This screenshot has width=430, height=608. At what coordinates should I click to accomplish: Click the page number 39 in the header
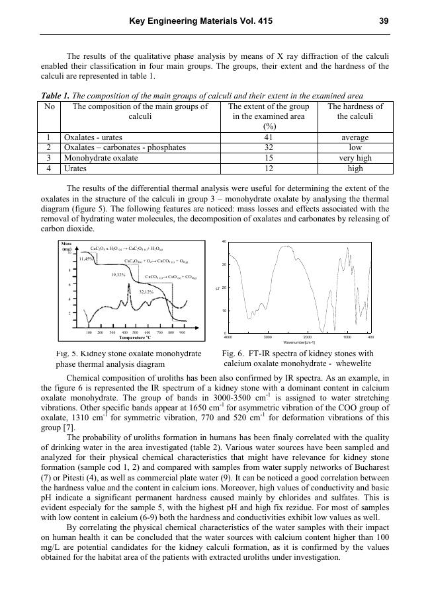384,21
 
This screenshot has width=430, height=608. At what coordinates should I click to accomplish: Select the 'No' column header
50,106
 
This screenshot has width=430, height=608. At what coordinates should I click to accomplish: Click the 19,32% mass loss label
118,274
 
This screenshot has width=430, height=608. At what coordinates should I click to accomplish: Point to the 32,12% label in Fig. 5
146,291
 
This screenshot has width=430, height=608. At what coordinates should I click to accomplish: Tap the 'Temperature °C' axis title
135,338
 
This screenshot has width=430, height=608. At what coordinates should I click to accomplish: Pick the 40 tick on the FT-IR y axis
224,242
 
